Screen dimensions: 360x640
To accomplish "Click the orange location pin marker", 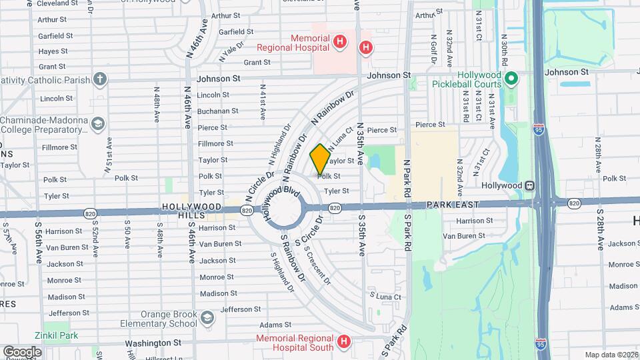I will pos(321,159).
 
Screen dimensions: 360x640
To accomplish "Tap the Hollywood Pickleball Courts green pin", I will pos(511,79).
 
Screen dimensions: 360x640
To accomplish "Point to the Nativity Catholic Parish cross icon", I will pos(100,80).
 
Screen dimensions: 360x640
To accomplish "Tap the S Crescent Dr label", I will pos(317,265).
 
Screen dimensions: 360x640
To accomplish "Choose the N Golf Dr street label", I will pos(433,50).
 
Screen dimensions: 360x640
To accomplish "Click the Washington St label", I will pos(154,343).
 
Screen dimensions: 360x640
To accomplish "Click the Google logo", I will pos(22,351).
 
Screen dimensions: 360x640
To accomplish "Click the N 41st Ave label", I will pos(263,102).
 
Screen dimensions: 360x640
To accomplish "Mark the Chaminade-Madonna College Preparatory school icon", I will pos(99,124).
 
